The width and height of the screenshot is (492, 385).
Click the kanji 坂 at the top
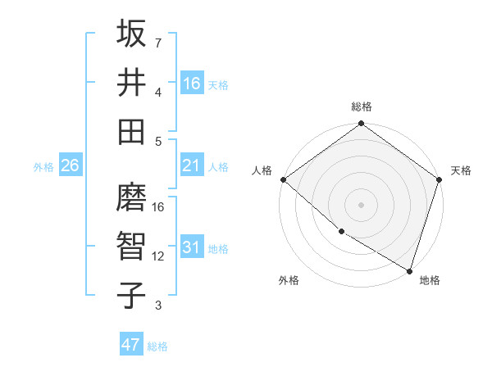click(x=131, y=34)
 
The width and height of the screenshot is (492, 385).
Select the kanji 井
click(x=131, y=83)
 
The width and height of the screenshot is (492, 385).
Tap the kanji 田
click(x=131, y=131)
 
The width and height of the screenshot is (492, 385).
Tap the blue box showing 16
click(x=192, y=84)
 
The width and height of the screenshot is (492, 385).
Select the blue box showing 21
click(x=192, y=165)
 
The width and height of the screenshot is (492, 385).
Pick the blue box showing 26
click(x=71, y=165)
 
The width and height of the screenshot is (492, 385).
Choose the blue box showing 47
click(x=131, y=345)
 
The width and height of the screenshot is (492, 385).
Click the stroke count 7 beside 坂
click(x=158, y=43)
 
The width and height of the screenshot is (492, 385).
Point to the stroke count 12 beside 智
click(x=158, y=256)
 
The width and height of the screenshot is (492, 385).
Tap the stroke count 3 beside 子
click(x=158, y=306)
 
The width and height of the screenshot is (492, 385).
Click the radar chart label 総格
click(x=361, y=106)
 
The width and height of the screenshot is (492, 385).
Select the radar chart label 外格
click(x=289, y=281)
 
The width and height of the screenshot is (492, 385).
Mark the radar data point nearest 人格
click(x=283, y=179)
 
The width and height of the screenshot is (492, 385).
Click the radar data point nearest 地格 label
click(x=408, y=269)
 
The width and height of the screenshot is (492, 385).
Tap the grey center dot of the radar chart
click(x=361, y=205)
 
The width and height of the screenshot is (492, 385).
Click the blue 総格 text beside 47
click(x=157, y=346)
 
